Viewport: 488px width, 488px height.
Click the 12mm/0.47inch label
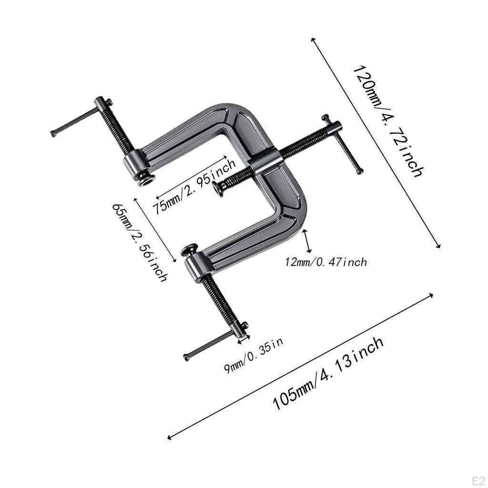pyautogui.click(x=326, y=262)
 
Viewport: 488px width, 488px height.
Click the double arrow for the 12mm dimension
pyautogui.click(x=309, y=241)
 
